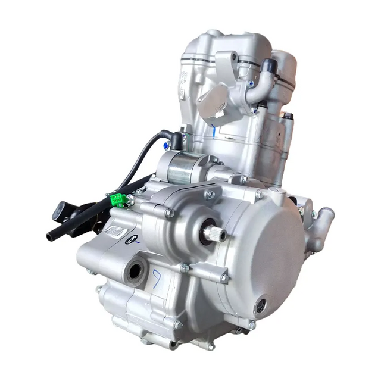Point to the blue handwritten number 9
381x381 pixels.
pos(156,277)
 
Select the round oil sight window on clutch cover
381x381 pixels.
pos(260,307)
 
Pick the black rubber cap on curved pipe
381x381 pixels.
pos(269,65)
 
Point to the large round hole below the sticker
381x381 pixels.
pos(135,271)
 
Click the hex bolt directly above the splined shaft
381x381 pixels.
pos(210,194)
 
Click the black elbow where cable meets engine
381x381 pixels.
pos(176,140)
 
